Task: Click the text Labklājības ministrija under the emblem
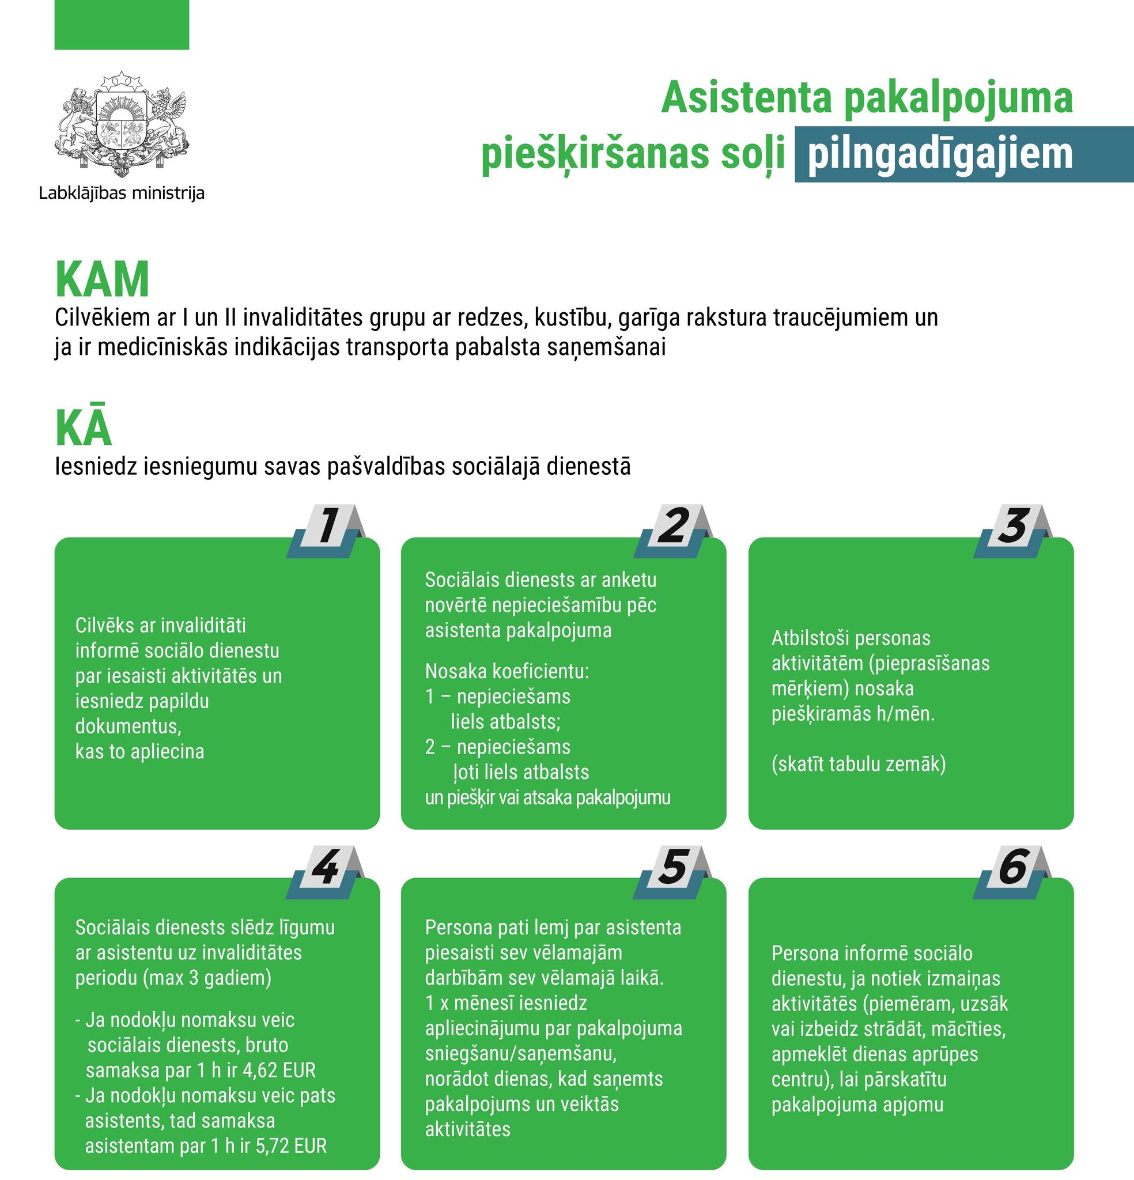[x=122, y=193]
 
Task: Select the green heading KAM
[x=102, y=280]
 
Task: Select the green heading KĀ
[x=83, y=428]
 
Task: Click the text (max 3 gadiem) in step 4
[x=207, y=978]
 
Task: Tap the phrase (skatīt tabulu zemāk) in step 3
[x=859, y=764]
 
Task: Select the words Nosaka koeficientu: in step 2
[x=507, y=671]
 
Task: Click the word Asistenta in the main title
[x=747, y=98]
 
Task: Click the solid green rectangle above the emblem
[x=122, y=25]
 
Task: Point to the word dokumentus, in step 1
[x=128, y=726]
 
